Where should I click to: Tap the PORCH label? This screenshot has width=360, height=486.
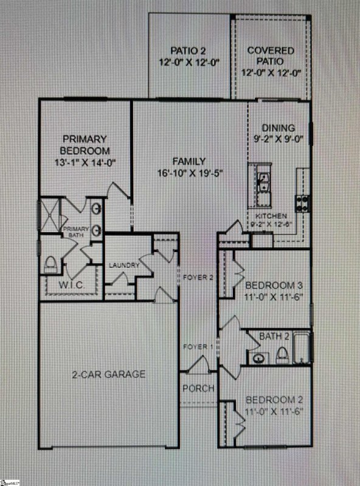coord(198,388)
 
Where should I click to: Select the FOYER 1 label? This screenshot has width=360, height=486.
coord(198,347)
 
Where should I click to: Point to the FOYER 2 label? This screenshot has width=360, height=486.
coord(198,278)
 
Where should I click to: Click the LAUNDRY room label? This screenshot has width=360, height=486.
coord(124,265)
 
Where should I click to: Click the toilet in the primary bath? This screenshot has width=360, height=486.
coord(51,264)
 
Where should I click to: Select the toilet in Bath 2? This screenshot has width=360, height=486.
coord(282,355)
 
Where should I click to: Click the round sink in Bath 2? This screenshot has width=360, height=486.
coord(258,357)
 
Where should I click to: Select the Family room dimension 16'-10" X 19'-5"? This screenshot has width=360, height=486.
coord(190,173)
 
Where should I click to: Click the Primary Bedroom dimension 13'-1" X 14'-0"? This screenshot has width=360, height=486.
coord(85,162)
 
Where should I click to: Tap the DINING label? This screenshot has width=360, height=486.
coord(278,128)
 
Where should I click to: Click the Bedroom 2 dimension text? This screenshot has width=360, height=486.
coord(274,412)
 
